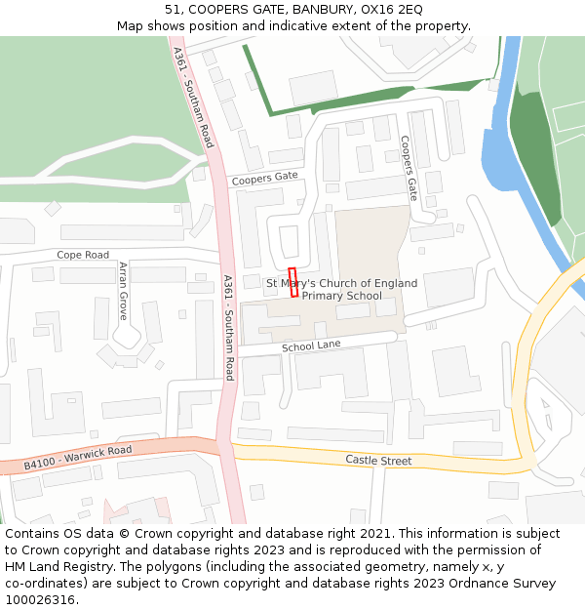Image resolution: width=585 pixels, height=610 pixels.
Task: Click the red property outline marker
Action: coord(293,281)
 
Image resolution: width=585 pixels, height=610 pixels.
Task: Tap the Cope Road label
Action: coord(83,255)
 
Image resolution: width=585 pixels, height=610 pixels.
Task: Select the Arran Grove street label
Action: coord(123,291)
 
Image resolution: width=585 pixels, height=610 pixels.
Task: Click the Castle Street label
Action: coord(378,460)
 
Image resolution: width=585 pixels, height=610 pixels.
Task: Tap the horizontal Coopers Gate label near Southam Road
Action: coord(264,178)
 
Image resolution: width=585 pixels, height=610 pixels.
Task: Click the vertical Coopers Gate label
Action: coord(409,168)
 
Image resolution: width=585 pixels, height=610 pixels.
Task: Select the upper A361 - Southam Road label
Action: coord(192,98)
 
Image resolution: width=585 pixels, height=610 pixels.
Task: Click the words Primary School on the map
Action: coord(341,296)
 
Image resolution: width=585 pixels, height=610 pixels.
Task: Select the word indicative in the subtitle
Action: coord(320,25)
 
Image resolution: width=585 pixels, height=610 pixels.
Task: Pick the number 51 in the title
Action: coord(172,10)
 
